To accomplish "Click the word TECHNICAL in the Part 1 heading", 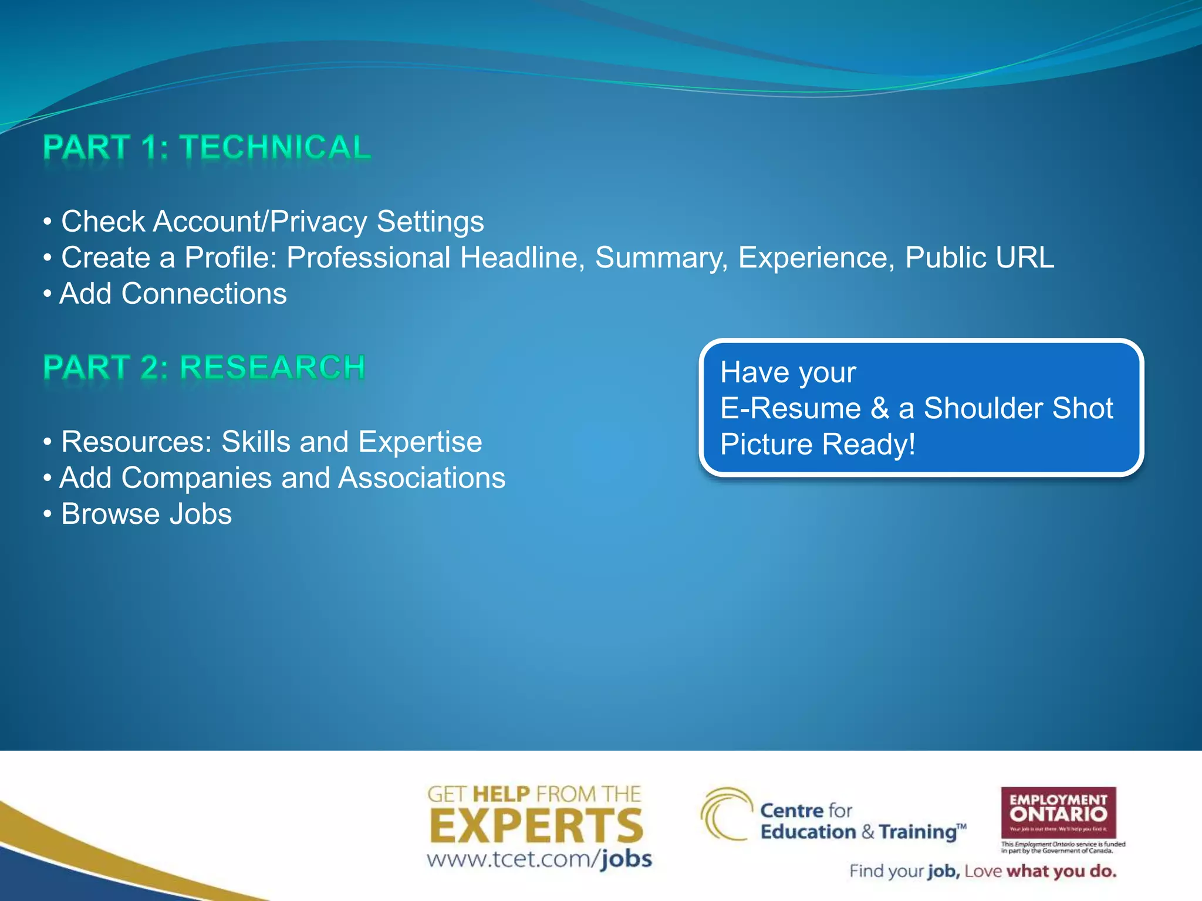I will click(275, 147).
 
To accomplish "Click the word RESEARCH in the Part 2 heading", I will click(272, 368).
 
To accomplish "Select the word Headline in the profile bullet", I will click(522, 258).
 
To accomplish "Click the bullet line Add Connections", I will click(173, 294).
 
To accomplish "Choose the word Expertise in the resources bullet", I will click(420, 442).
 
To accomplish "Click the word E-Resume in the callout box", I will click(790, 408).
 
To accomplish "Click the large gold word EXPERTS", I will click(536, 826).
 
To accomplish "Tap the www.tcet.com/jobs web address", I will click(539, 859).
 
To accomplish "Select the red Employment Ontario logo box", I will click(1058, 812).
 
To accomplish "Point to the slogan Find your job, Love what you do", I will click(982, 871).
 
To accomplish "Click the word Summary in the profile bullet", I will click(661, 258).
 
